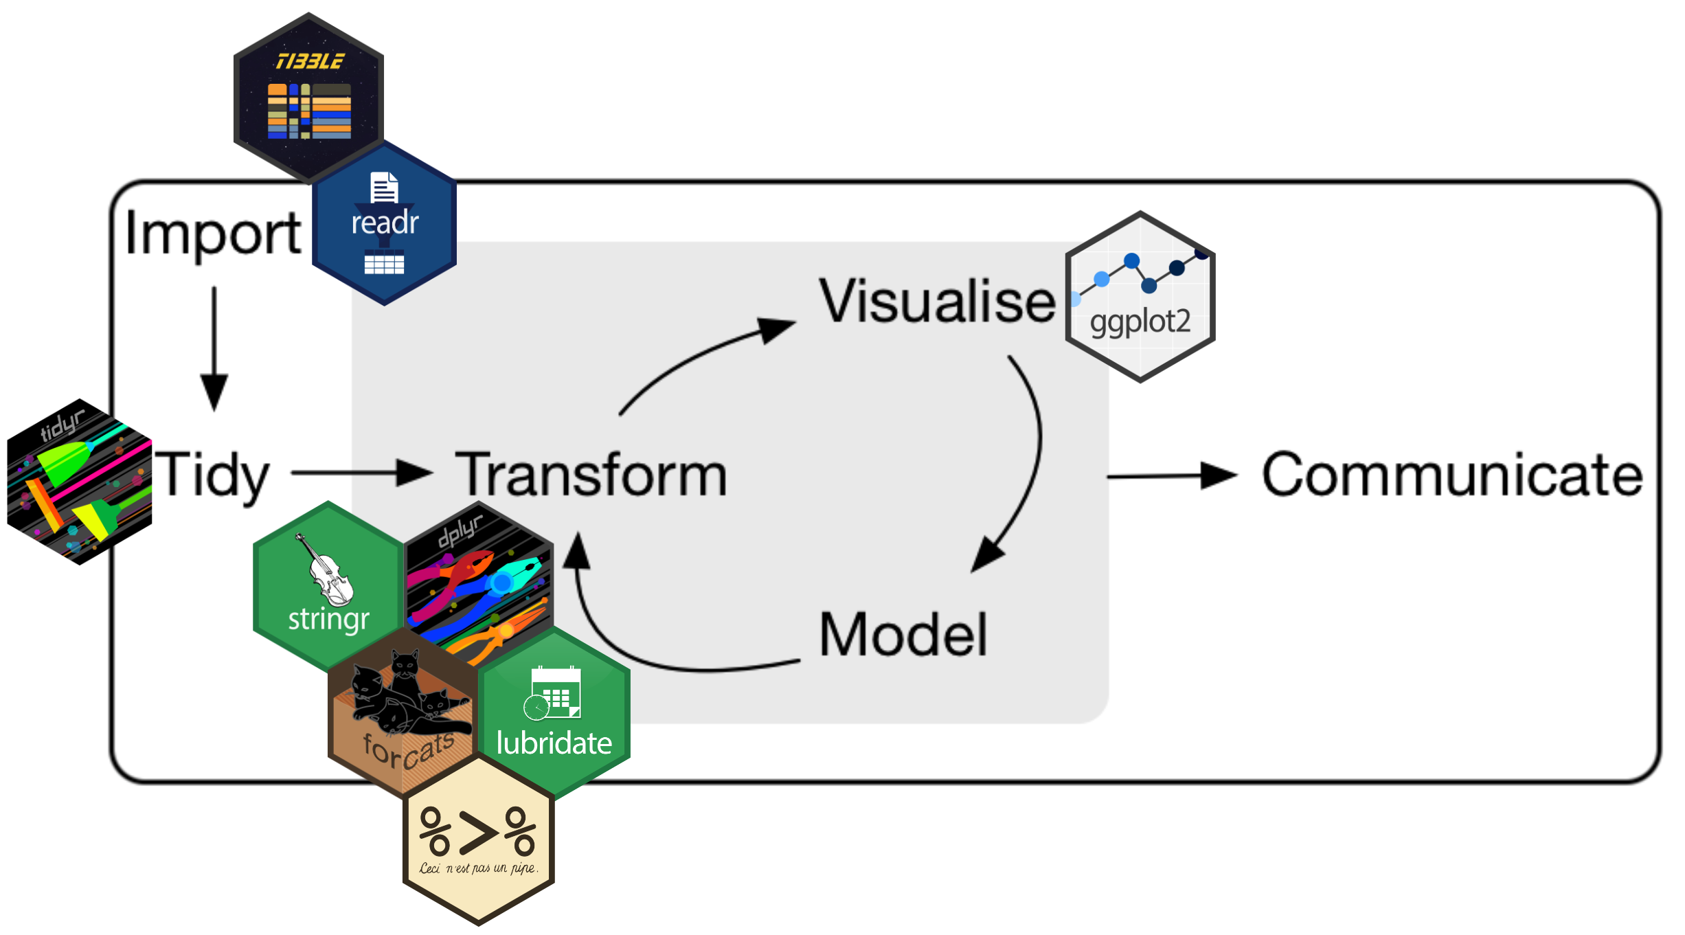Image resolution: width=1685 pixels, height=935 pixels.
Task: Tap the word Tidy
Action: tap(212, 475)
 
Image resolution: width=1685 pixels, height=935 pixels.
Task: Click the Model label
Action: tap(903, 635)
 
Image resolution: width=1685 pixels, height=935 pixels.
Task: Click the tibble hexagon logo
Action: tap(308, 96)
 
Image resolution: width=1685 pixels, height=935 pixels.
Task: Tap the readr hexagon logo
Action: tap(385, 227)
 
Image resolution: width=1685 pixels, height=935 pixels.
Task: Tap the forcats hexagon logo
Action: tap(402, 714)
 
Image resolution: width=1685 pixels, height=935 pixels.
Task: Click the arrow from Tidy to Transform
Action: tap(361, 473)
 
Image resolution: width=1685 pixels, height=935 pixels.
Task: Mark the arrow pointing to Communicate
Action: tap(1171, 475)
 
